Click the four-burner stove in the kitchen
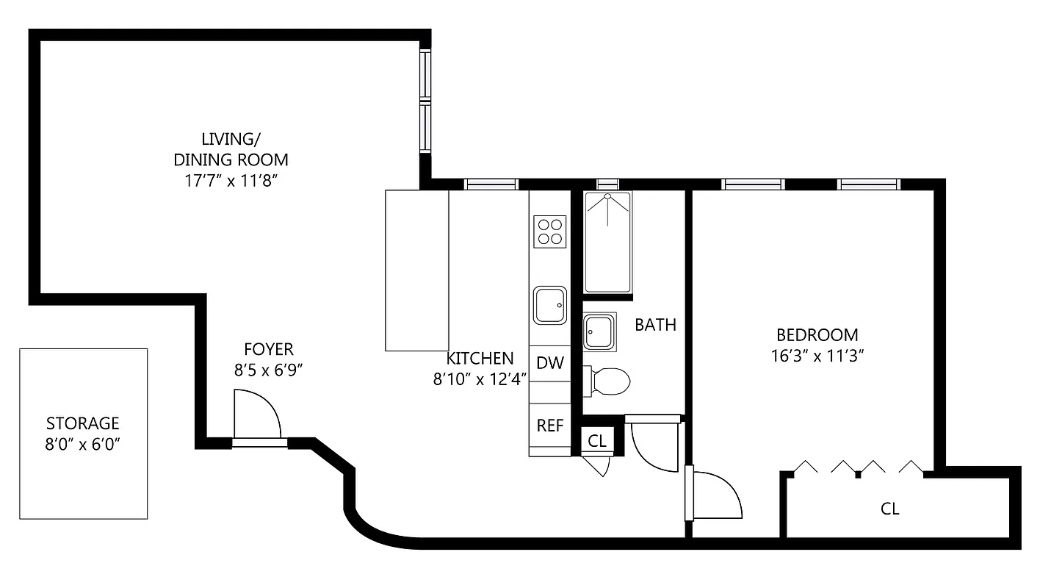550,231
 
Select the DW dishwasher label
549,362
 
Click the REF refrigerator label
549,426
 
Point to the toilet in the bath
609,381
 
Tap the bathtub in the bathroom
607,242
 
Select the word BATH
655,324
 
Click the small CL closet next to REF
597,441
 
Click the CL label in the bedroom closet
889,509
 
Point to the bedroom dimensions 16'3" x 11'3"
817,356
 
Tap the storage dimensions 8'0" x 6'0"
82,444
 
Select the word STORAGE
82,423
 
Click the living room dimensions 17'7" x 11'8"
230,180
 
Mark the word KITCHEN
480,359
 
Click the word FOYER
268,350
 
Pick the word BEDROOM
817,335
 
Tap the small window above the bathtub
607,184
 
